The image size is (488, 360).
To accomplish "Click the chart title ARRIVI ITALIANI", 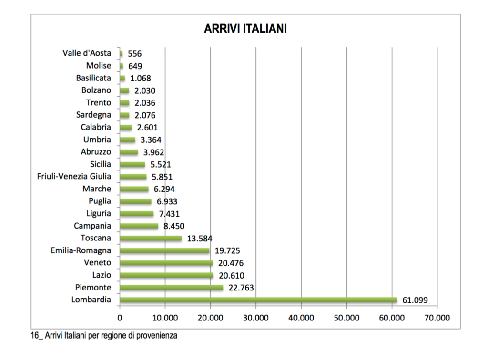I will (245, 29).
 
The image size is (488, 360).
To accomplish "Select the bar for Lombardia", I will (258, 300).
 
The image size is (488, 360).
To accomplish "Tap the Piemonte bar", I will (172, 288).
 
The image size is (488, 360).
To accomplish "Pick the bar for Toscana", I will (151, 238).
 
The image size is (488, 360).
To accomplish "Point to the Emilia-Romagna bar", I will (164, 250).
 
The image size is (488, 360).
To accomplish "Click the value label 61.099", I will (415, 300).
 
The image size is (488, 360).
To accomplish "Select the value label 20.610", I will (231, 275).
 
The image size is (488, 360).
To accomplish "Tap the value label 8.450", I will (174, 226).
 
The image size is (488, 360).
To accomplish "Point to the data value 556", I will (135, 54).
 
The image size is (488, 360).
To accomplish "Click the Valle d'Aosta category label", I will (87, 53).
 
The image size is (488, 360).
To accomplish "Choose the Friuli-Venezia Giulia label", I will (74, 177).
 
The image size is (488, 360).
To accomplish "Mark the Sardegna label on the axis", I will (93, 115).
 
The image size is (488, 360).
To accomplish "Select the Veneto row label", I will (97, 263).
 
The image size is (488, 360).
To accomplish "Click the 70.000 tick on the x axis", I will (437, 318).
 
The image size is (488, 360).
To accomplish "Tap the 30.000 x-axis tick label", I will (256, 318).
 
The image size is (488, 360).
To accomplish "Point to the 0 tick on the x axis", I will (120, 318).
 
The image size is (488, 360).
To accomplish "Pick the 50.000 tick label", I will (346, 318).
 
